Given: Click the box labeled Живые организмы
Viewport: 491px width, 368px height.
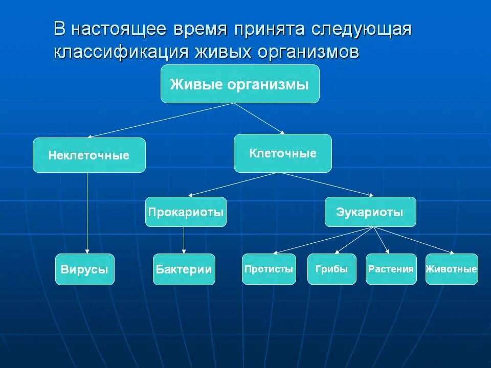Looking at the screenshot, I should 240,84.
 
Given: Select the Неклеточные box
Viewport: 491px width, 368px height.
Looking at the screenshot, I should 89,155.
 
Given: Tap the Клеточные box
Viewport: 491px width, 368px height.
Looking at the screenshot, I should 282,153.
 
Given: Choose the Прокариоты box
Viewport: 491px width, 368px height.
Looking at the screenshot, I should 186,212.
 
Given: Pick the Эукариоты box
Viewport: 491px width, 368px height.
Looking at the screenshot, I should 370,212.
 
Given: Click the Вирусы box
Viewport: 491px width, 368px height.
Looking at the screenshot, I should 85,269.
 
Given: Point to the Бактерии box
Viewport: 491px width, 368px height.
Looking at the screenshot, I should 184,269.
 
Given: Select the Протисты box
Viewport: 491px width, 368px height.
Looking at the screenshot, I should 269,269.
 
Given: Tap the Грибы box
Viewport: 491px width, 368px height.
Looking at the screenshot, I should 331,269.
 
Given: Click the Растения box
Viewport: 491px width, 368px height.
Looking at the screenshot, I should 391,269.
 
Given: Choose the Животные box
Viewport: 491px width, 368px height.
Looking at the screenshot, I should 452,269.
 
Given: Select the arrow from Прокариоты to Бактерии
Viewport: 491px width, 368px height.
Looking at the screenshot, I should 184,240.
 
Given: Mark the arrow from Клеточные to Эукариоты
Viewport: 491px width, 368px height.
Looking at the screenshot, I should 327,184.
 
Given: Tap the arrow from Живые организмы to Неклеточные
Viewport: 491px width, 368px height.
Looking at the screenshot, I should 161,120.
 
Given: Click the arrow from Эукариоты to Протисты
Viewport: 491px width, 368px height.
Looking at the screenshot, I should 322,240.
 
